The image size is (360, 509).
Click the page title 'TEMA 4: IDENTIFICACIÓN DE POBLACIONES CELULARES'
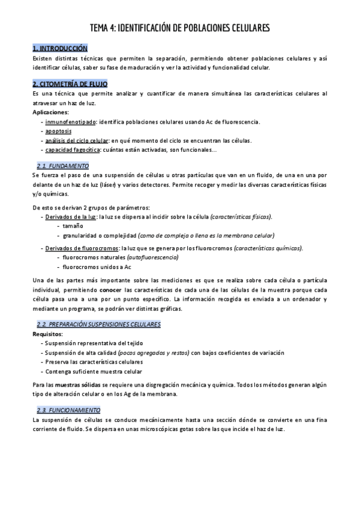click(180, 28)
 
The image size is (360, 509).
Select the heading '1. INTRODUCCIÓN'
click(60, 48)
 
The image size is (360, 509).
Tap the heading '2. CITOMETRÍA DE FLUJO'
click(70, 84)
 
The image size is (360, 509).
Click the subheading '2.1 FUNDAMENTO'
click(63, 165)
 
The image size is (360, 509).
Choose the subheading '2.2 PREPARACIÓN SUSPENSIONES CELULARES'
click(98, 324)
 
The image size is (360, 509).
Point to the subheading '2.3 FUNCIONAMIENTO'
click(69, 409)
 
